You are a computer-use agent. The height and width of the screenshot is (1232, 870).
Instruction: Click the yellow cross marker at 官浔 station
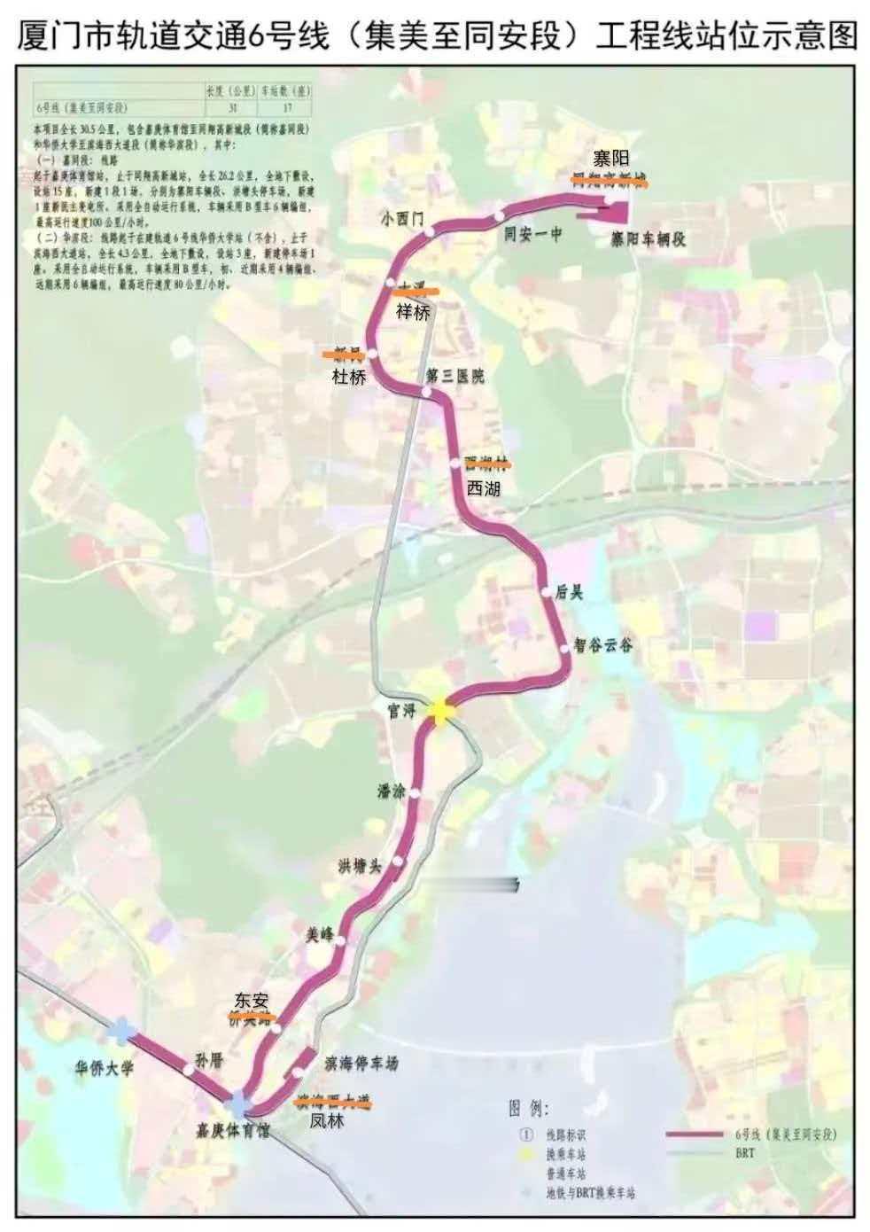[440, 710]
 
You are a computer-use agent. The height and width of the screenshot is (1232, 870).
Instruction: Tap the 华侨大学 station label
[104, 1068]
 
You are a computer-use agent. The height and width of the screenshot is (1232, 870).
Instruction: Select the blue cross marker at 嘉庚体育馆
[238, 1105]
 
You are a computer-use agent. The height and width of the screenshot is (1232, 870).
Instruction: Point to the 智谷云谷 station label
[602, 645]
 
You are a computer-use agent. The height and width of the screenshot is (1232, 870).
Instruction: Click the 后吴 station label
[569, 592]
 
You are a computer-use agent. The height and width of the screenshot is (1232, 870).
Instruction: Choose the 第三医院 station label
[455, 376]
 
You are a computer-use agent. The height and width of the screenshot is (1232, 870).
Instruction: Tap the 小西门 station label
[403, 218]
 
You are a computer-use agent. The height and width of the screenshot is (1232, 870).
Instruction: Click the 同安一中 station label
[533, 234]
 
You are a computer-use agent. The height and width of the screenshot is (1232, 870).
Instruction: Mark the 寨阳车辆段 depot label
[648, 238]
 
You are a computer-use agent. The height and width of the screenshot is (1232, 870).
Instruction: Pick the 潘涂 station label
[391, 791]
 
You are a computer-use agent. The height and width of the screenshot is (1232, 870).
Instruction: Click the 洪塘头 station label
[359, 866]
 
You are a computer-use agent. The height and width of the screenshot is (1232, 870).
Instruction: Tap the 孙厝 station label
[210, 1059]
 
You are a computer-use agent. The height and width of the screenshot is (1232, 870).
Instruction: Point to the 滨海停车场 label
[361, 1063]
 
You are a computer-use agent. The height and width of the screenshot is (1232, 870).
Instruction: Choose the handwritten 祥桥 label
[413, 312]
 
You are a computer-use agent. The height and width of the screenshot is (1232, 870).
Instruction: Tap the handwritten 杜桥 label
[348, 376]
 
